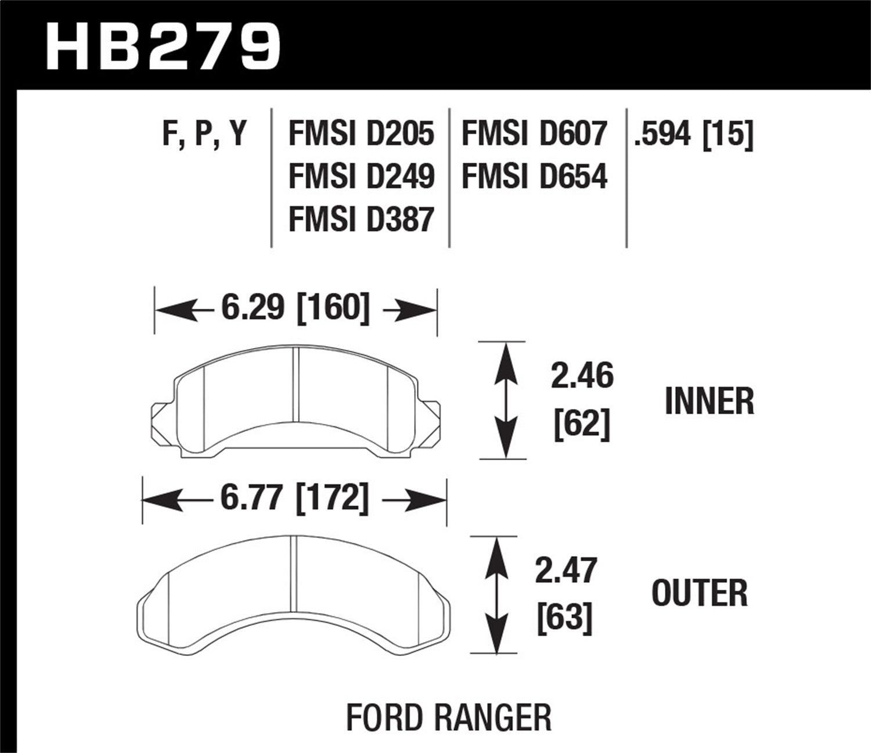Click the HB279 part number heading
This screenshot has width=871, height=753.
coord(163,46)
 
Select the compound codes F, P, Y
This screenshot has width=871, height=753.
coord(204,134)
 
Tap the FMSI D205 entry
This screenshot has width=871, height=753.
coord(361,134)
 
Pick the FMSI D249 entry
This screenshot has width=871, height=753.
coord(361,177)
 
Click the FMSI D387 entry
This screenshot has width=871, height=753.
coord(361,220)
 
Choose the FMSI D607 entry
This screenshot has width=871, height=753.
coord(534,134)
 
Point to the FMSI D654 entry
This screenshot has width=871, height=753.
coord(534,177)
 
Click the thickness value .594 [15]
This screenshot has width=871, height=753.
coord(694,134)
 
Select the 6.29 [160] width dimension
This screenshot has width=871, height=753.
coord(295,308)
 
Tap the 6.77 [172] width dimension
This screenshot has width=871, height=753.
coord(294,499)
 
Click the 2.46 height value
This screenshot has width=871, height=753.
coord(581,376)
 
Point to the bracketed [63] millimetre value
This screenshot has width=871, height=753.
coord(564,618)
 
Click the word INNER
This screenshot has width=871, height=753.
coord(709,401)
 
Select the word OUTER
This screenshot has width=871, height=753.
coord(699,593)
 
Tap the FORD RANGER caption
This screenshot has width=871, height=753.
coord(448,718)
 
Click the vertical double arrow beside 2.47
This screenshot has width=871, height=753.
coord(495,595)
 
